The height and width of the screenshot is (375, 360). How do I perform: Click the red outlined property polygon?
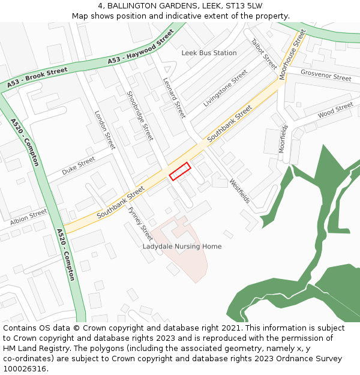tap(180, 171)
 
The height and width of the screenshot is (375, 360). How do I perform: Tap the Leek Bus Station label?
tap(209, 53)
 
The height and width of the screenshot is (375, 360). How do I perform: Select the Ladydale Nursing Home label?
tap(182, 247)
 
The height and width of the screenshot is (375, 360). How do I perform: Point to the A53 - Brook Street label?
tap(37, 79)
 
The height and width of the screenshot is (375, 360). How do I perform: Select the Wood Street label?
tap(335, 110)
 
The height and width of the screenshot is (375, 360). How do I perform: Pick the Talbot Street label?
tap(264, 55)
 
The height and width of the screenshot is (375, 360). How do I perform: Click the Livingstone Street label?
tap(225, 88)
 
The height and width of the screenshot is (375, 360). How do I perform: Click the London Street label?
tap(105, 130)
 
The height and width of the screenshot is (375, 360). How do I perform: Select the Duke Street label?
tap(78, 166)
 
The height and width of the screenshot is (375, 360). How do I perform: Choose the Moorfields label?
tap(283, 139)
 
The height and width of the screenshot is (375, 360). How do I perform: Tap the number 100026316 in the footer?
tap(24, 369)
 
